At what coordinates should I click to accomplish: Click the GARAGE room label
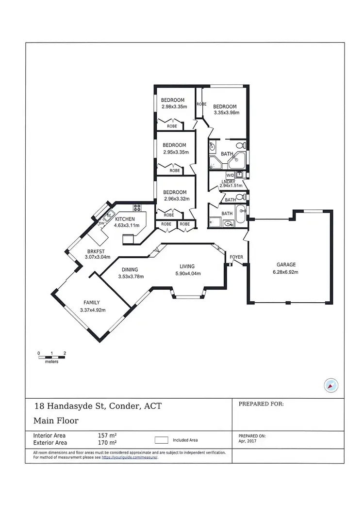(286, 265)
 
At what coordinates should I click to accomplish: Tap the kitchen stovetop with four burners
(137, 209)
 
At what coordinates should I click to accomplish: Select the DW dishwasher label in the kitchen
(101, 223)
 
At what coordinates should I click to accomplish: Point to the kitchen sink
(109, 214)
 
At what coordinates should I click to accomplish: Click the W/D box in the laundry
(230, 175)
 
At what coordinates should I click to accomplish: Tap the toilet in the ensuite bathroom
(241, 145)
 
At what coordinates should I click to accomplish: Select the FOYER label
(236, 257)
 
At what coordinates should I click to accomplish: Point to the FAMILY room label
(92, 303)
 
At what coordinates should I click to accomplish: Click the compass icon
(331, 386)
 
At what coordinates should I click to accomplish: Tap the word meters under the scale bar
(51, 362)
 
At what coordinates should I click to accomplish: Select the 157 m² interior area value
(107, 435)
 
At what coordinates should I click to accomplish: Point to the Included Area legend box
(162, 440)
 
